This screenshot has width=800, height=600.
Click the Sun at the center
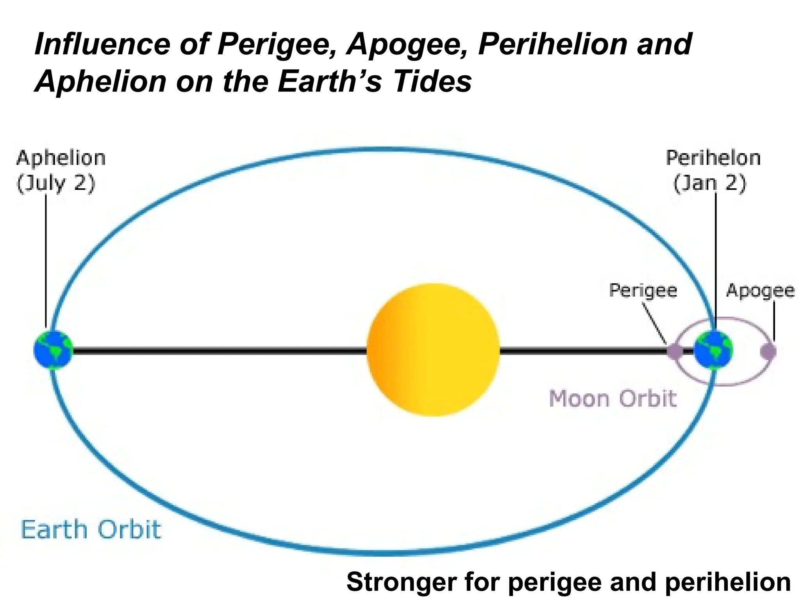[433, 350]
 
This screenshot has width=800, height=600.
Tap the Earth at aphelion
[53, 350]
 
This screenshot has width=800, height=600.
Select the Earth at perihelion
[713, 350]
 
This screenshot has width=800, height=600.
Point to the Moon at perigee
[675, 351]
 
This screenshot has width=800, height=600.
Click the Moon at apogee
[768, 351]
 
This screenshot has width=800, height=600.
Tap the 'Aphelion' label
[61, 158]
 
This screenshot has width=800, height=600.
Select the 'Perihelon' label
[713, 158]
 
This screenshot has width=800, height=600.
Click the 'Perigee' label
[643, 291]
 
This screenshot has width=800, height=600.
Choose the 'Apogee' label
[760, 291]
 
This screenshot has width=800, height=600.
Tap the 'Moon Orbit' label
[612, 399]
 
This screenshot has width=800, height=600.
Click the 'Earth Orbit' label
[91, 530]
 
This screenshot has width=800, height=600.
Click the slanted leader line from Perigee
[655, 323]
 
